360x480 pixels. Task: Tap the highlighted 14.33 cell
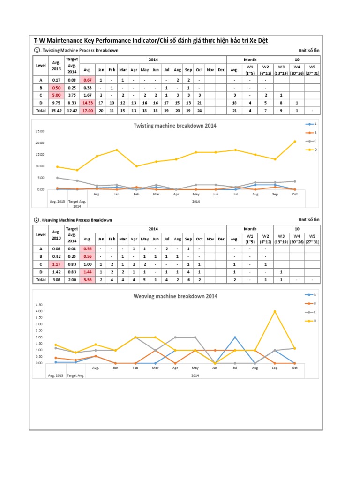click(88, 103)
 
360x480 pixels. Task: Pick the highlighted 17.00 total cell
click(88, 111)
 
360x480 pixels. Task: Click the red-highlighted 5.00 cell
click(56, 95)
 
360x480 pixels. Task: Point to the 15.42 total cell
click(56, 111)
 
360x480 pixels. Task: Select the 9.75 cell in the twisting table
click(56, 103)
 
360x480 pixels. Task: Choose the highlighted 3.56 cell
click(88, 279)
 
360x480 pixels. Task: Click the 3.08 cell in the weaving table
click(56, 279)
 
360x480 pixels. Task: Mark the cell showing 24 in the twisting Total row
click(199, 111)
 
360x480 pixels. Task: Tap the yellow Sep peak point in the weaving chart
click(275, 311)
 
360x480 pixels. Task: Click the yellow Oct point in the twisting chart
click(294, 141)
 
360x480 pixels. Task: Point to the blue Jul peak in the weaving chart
click(235, 337)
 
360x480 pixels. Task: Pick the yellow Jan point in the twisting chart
click(117, 150)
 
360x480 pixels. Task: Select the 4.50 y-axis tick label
click(39, 305)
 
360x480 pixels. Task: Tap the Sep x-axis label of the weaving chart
click(275, 368)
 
